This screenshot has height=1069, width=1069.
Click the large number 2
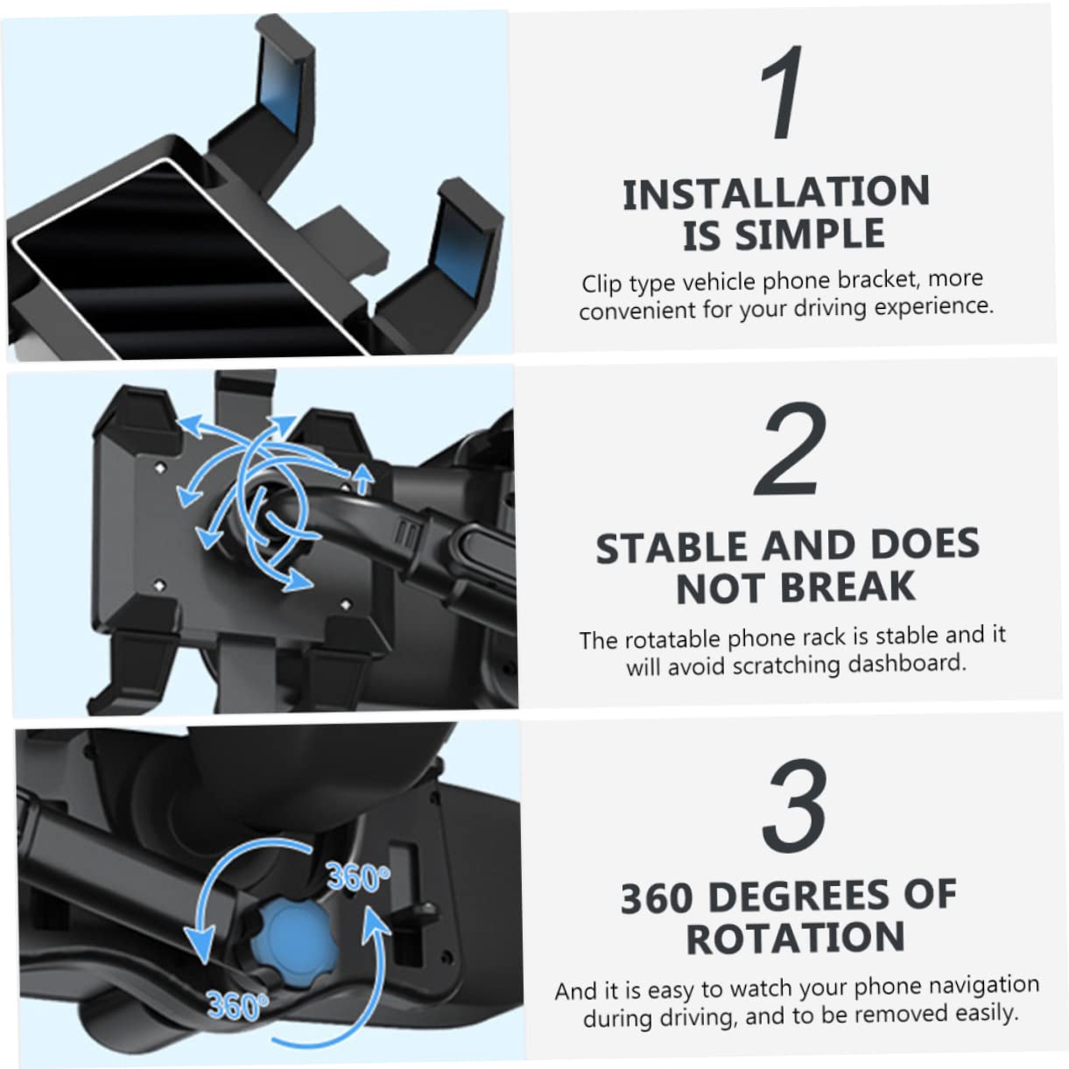click(790, 448)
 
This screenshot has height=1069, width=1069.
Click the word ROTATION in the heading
click(796, 938)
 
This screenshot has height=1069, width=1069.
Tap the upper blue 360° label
click(358, 877)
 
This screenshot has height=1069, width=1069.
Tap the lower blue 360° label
click(237, 1004)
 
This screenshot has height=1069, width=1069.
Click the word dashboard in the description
click(904, 663)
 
